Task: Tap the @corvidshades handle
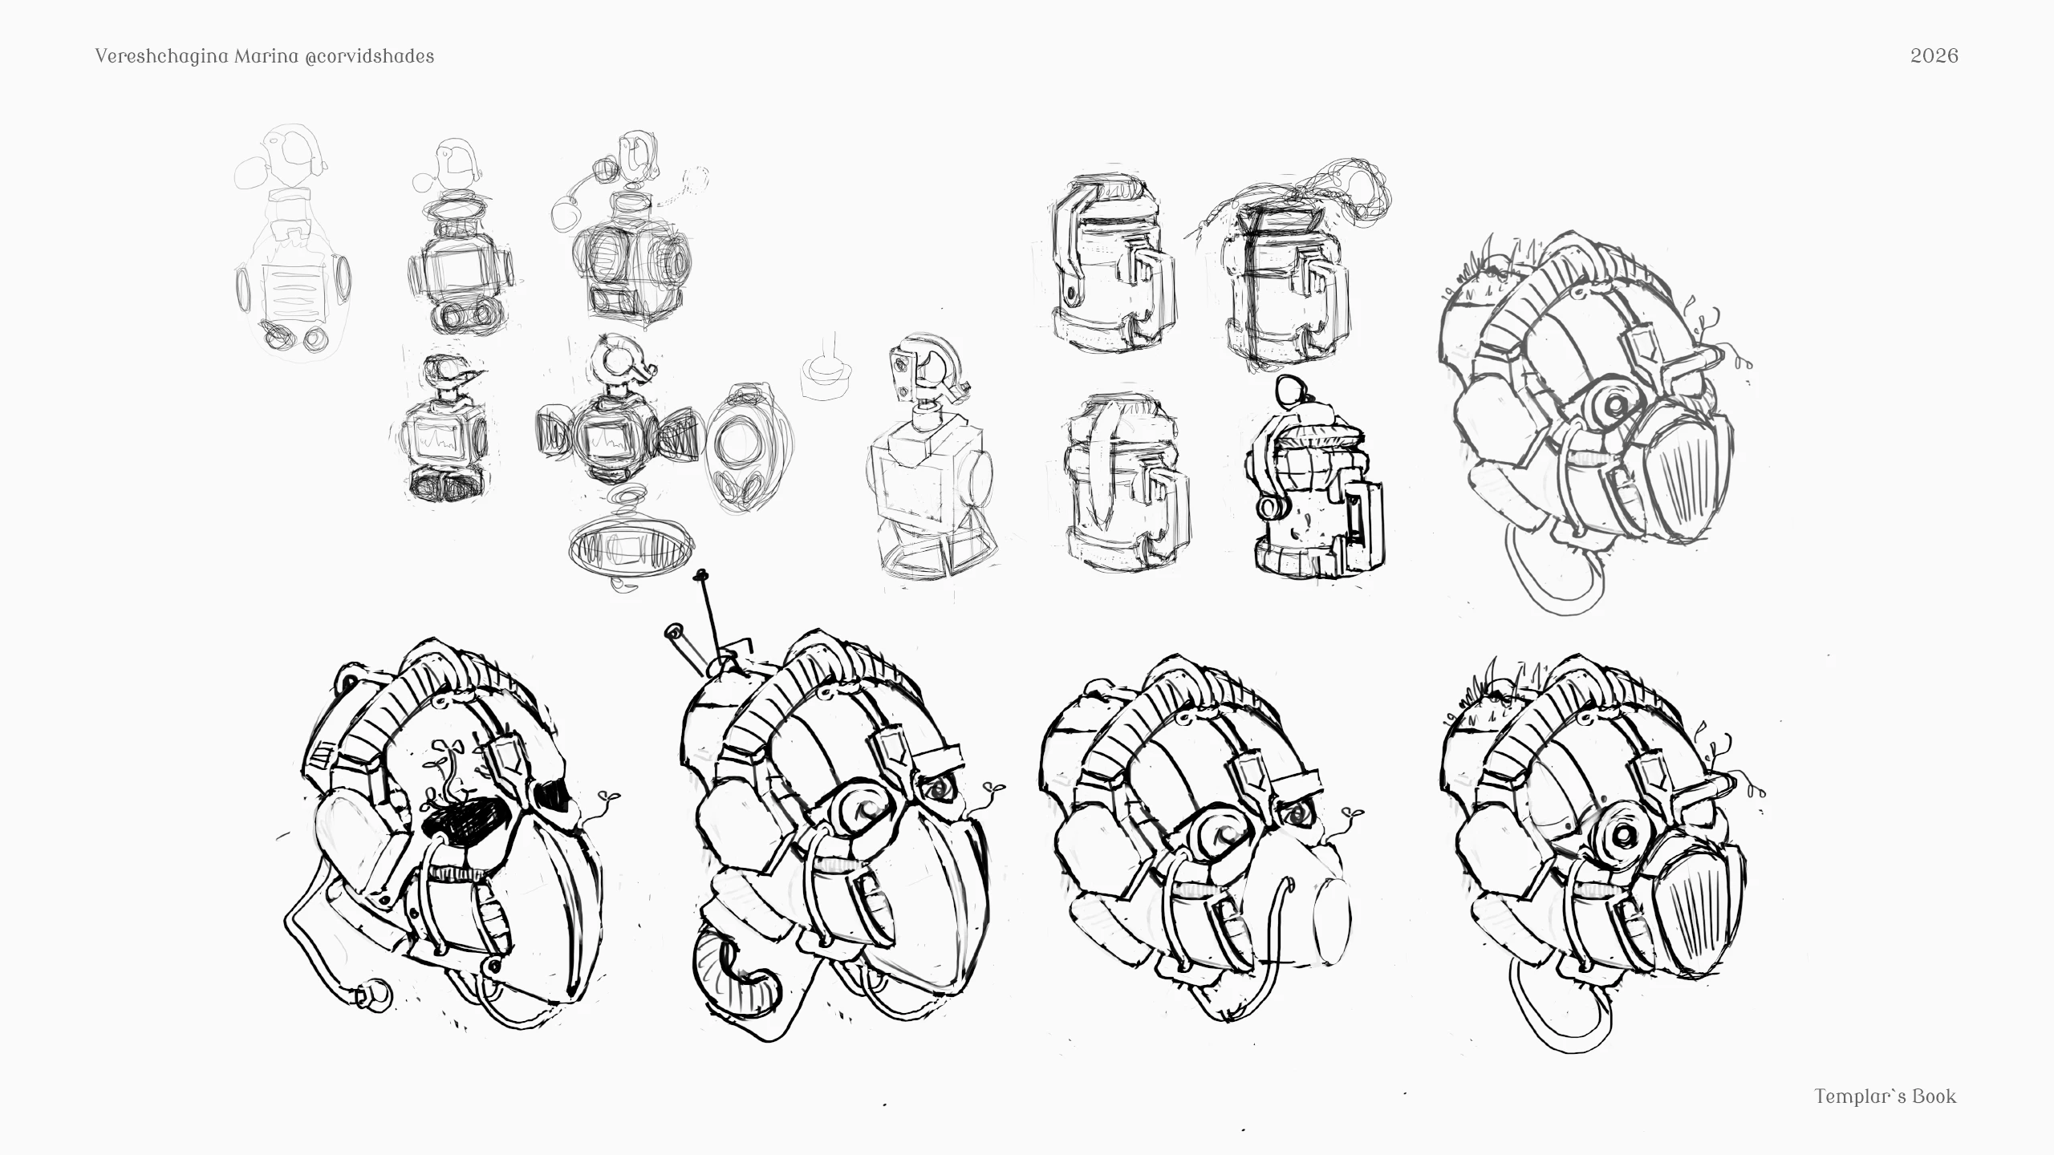(370, 56)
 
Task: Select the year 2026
(1934, 55)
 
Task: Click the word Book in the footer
(1934, 1096)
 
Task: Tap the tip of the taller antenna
(703, 574)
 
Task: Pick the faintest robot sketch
(293, 241)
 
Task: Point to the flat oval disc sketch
(631, 549)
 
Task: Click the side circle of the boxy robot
(980, 477)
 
